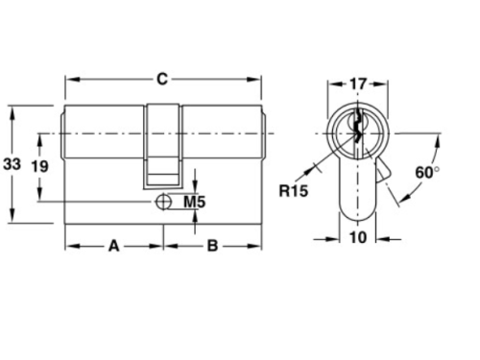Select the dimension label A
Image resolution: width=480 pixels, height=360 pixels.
point(112,246)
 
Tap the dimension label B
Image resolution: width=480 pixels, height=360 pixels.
point(213,246)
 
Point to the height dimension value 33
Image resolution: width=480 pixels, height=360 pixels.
point(12,164)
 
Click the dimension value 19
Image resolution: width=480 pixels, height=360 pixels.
point(40,165)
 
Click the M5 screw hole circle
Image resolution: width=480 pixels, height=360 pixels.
point(162,202)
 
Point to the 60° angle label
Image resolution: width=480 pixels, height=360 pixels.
point(428,171)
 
